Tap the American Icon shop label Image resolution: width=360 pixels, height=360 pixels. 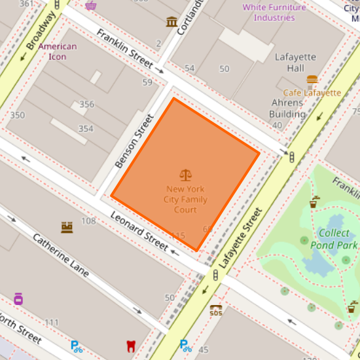coord(58,51)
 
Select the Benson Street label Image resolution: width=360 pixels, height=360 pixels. coord(134,141)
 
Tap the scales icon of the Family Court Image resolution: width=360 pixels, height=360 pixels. coord(186,175)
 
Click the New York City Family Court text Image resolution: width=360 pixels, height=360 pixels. coord(186,199)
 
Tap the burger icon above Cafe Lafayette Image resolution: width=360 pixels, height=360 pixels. coord(312,81)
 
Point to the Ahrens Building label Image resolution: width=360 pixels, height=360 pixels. coord(287,108)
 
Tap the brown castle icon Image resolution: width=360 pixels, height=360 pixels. coord(66,227)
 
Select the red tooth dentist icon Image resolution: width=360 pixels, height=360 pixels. coord(131,346)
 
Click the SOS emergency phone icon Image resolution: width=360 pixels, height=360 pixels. coord(215,310)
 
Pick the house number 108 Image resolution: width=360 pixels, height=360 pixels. coord(88,221)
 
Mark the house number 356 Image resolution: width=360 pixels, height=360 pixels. coord(86,105)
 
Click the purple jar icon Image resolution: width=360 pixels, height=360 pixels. coord(18,298)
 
